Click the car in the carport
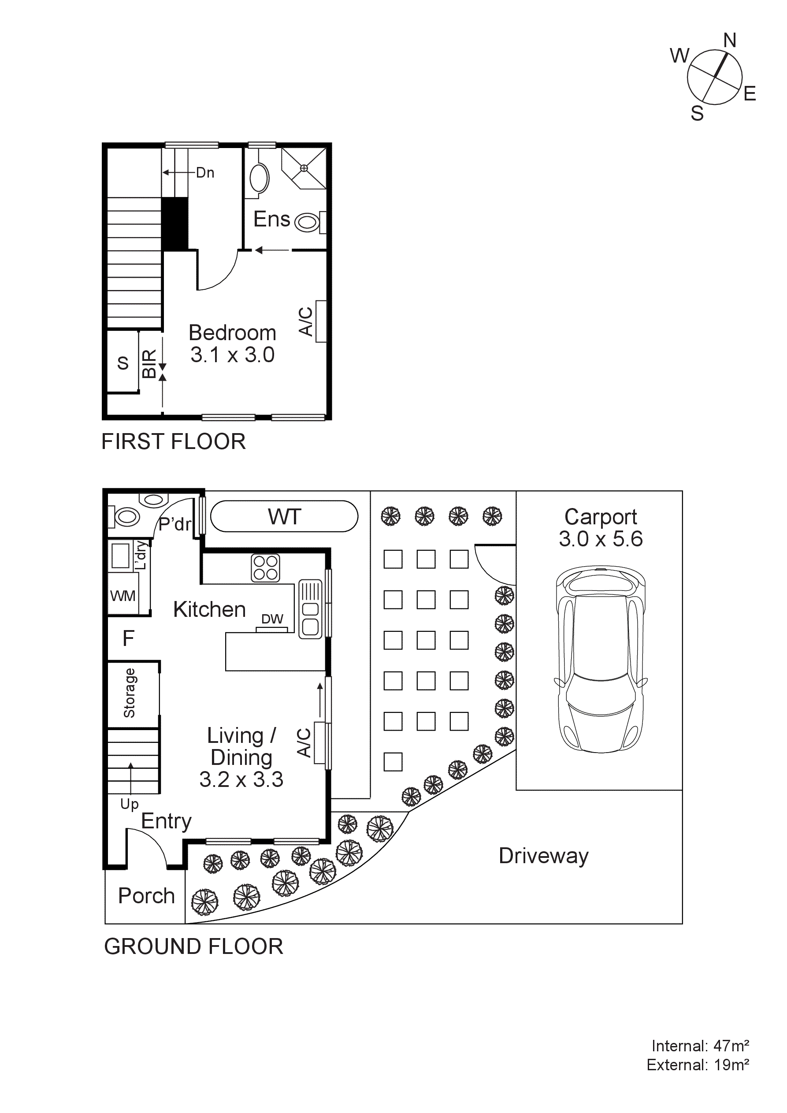pos(600,659)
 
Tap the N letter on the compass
pos(730,40)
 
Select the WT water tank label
pos(285,517)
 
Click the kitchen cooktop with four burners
pos(265,568)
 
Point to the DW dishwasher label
pos(272,619)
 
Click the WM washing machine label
pos(123,596)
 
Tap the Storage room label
pos(130,693)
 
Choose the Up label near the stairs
pos(130,804)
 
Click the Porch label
pos(146,896)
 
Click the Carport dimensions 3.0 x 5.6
pos(600,539)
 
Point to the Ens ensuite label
pos(271,219)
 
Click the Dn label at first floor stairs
pos(205,173)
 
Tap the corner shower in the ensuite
pos(304,168)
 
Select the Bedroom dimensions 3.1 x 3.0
pos(232,355)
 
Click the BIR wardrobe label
pos(149,364)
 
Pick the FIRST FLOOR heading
pos(174,441)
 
